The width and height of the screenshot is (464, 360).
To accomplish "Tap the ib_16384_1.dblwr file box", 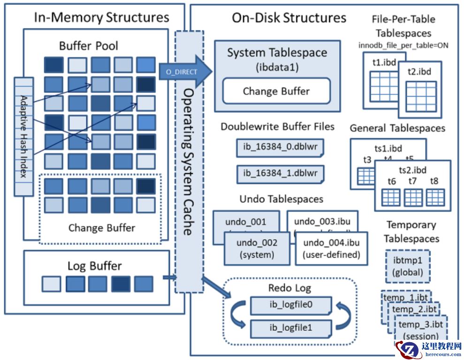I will pyautogui.click(x=280, y=174).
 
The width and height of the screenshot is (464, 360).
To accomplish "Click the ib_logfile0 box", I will pyautogui.click(x=291, y=305).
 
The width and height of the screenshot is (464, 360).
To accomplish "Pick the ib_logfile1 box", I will pyautogui.click(x=291, y=327).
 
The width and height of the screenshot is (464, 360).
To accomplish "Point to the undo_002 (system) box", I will pyautogui.click(x=257, y=249).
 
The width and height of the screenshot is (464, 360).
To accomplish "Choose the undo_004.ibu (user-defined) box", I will pyautogui.click(x=331, y=249).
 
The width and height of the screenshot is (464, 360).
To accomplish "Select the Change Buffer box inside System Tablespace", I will pyautogui.click(x=276, y=91).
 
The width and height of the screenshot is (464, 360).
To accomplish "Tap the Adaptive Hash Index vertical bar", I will pyautogui.click(x=24, y=137).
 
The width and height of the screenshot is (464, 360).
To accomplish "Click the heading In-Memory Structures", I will pyautogui.click(x=101, y=17).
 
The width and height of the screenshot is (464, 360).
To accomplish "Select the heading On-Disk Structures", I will pyautogui.click(x=289, y=18).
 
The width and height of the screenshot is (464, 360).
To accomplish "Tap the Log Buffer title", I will pyautogui.click(x=94, y=266).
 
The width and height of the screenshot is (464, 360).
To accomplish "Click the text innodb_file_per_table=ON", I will pyautogui.click(x=403, y=45).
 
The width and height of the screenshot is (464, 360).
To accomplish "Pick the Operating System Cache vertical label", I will pyautogui.click(x=189, y=161).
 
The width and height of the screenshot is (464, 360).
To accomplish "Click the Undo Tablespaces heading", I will pyautogui.click(x=281, y=199).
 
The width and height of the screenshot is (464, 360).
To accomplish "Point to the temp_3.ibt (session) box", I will pyautogui.click(x=421, y=329).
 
